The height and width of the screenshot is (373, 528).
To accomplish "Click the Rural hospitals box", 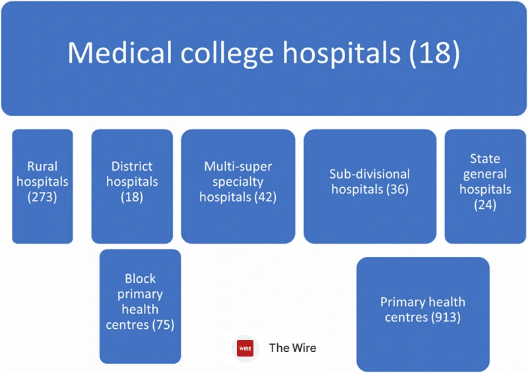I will pos(42,186).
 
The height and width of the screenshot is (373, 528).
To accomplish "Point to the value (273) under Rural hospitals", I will pos(42,197).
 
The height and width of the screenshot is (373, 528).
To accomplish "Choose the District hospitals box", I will pos(132,186).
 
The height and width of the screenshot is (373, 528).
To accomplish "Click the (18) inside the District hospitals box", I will pos(132,197).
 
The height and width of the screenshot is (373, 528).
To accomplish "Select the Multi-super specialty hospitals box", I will pos(238,186).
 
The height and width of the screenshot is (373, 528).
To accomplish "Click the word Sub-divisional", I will pos(370,175).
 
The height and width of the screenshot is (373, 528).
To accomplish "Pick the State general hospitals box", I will pos(486,186).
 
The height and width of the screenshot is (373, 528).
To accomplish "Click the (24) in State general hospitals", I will pos(486,205).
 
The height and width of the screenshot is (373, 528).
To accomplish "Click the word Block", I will pos(140,279).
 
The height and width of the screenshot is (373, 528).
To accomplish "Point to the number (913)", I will pos(445,318).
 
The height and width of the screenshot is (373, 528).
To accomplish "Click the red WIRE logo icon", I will pos(246,348).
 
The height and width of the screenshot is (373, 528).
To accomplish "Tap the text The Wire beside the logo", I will pos(292,348).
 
